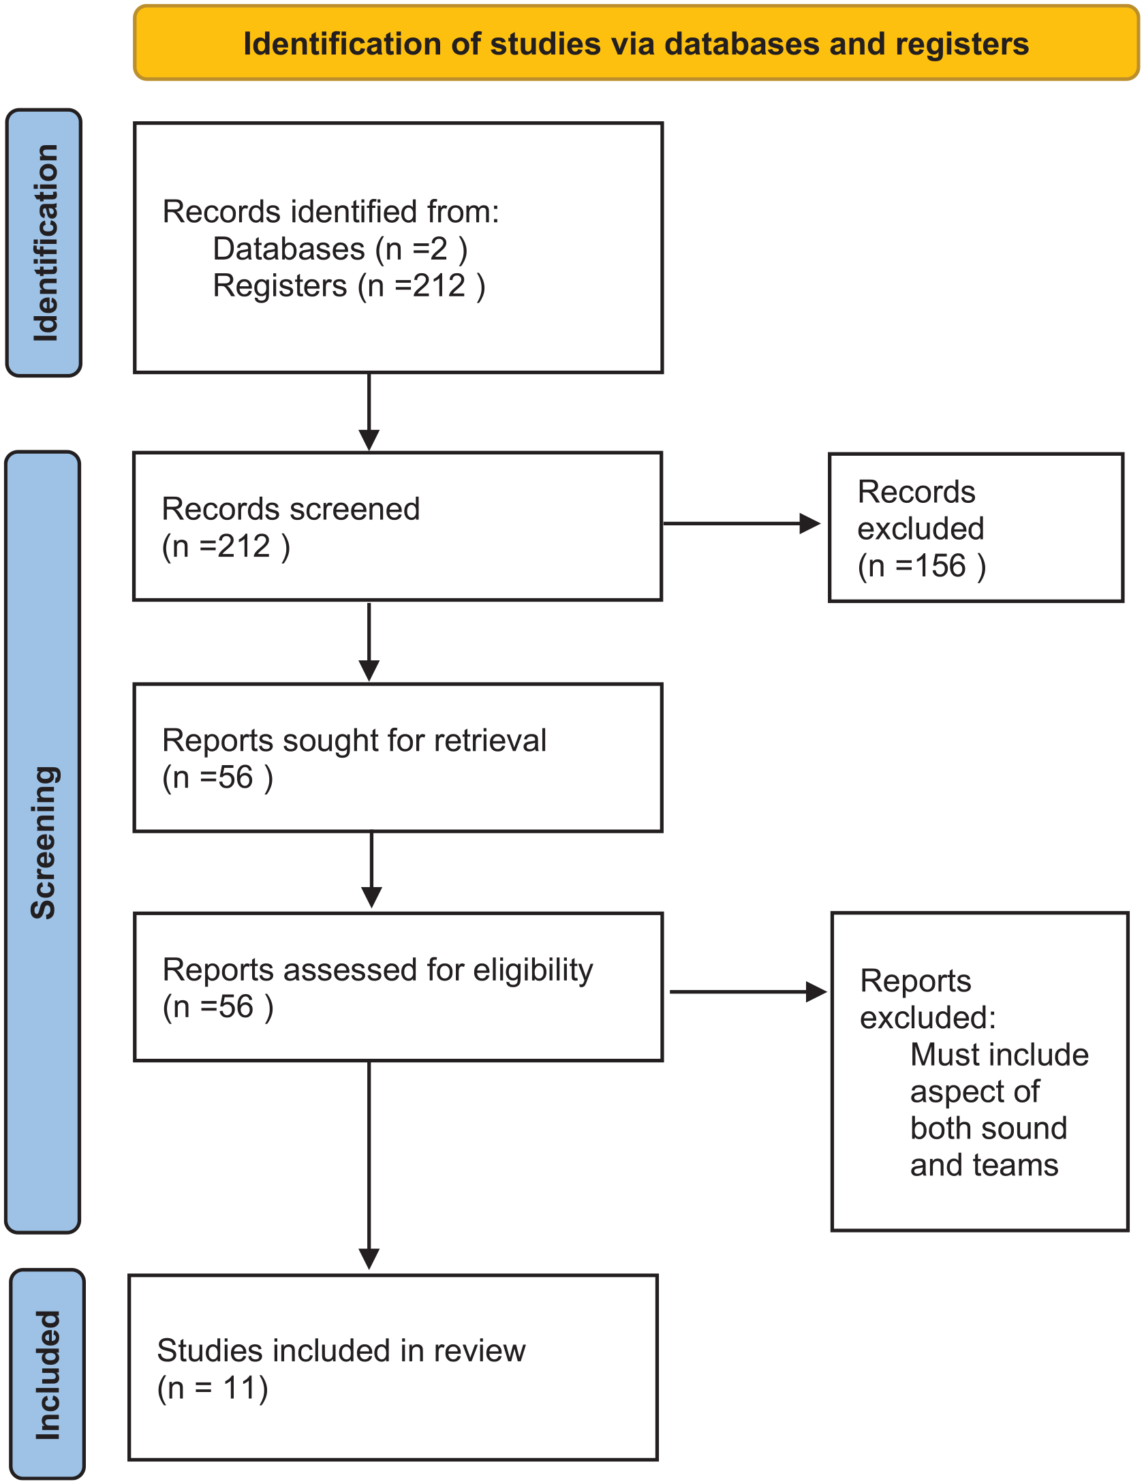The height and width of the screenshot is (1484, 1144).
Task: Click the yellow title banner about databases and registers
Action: pyautogui.click(x=636, y=43)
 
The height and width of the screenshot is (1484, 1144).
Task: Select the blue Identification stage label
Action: pyautogui.click(x=44, y=243)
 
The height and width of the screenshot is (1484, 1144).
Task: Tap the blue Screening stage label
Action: pyautogui.click(x=43, y=842)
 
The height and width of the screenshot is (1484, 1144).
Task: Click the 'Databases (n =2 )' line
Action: pyautogui.click(x=340, y=249)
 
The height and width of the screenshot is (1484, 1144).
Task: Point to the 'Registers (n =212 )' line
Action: pyautogui.click(x=349, y=285)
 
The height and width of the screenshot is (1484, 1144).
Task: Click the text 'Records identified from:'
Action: pyautogui.click(x=330, y=211)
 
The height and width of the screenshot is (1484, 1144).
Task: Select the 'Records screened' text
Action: pyautogui.click(x=291, y=509)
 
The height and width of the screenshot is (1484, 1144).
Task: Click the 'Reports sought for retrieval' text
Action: pyautogui.click(x=354, y=740)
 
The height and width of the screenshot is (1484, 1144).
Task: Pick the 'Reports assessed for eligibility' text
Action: pyautogui.click(x=377, y=970)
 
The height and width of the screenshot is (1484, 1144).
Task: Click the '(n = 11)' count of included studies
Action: pyautogui.click(x=213, y=1388)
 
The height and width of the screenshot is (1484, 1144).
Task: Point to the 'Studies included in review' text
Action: pyautogui.click(x=341, y=1350)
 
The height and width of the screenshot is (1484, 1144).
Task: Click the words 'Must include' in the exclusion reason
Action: pyautogui.click(x=1000, y=1055)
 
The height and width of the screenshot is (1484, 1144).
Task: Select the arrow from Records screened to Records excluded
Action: pyautogui.click(x=742, y=523)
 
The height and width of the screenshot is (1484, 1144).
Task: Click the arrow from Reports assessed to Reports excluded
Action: pyautogui.click(x=748, y=992)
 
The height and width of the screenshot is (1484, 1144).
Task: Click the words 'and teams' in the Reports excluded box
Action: pyautogui.click(x=985, y=1165)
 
